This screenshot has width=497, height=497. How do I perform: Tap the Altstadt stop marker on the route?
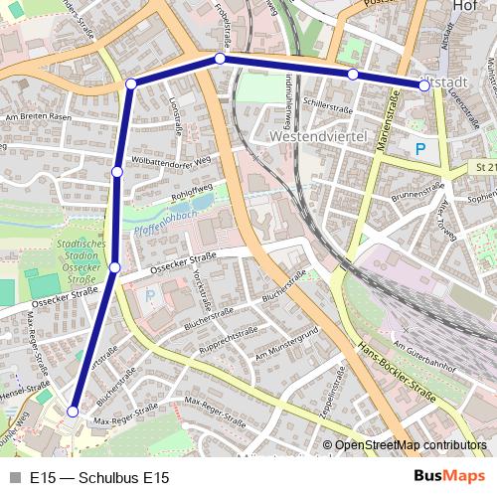(424, 85)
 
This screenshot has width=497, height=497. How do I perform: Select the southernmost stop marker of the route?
(73, 411)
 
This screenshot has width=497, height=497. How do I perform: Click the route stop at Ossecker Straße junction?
(115, 267)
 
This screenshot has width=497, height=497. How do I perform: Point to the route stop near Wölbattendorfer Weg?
(117, 172)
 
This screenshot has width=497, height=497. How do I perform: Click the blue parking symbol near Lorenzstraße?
(420, 149)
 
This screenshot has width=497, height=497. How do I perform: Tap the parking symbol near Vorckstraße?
(151, 296)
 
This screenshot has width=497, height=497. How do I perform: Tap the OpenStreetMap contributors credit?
(411, 445)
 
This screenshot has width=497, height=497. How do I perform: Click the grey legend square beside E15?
(13, 478)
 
